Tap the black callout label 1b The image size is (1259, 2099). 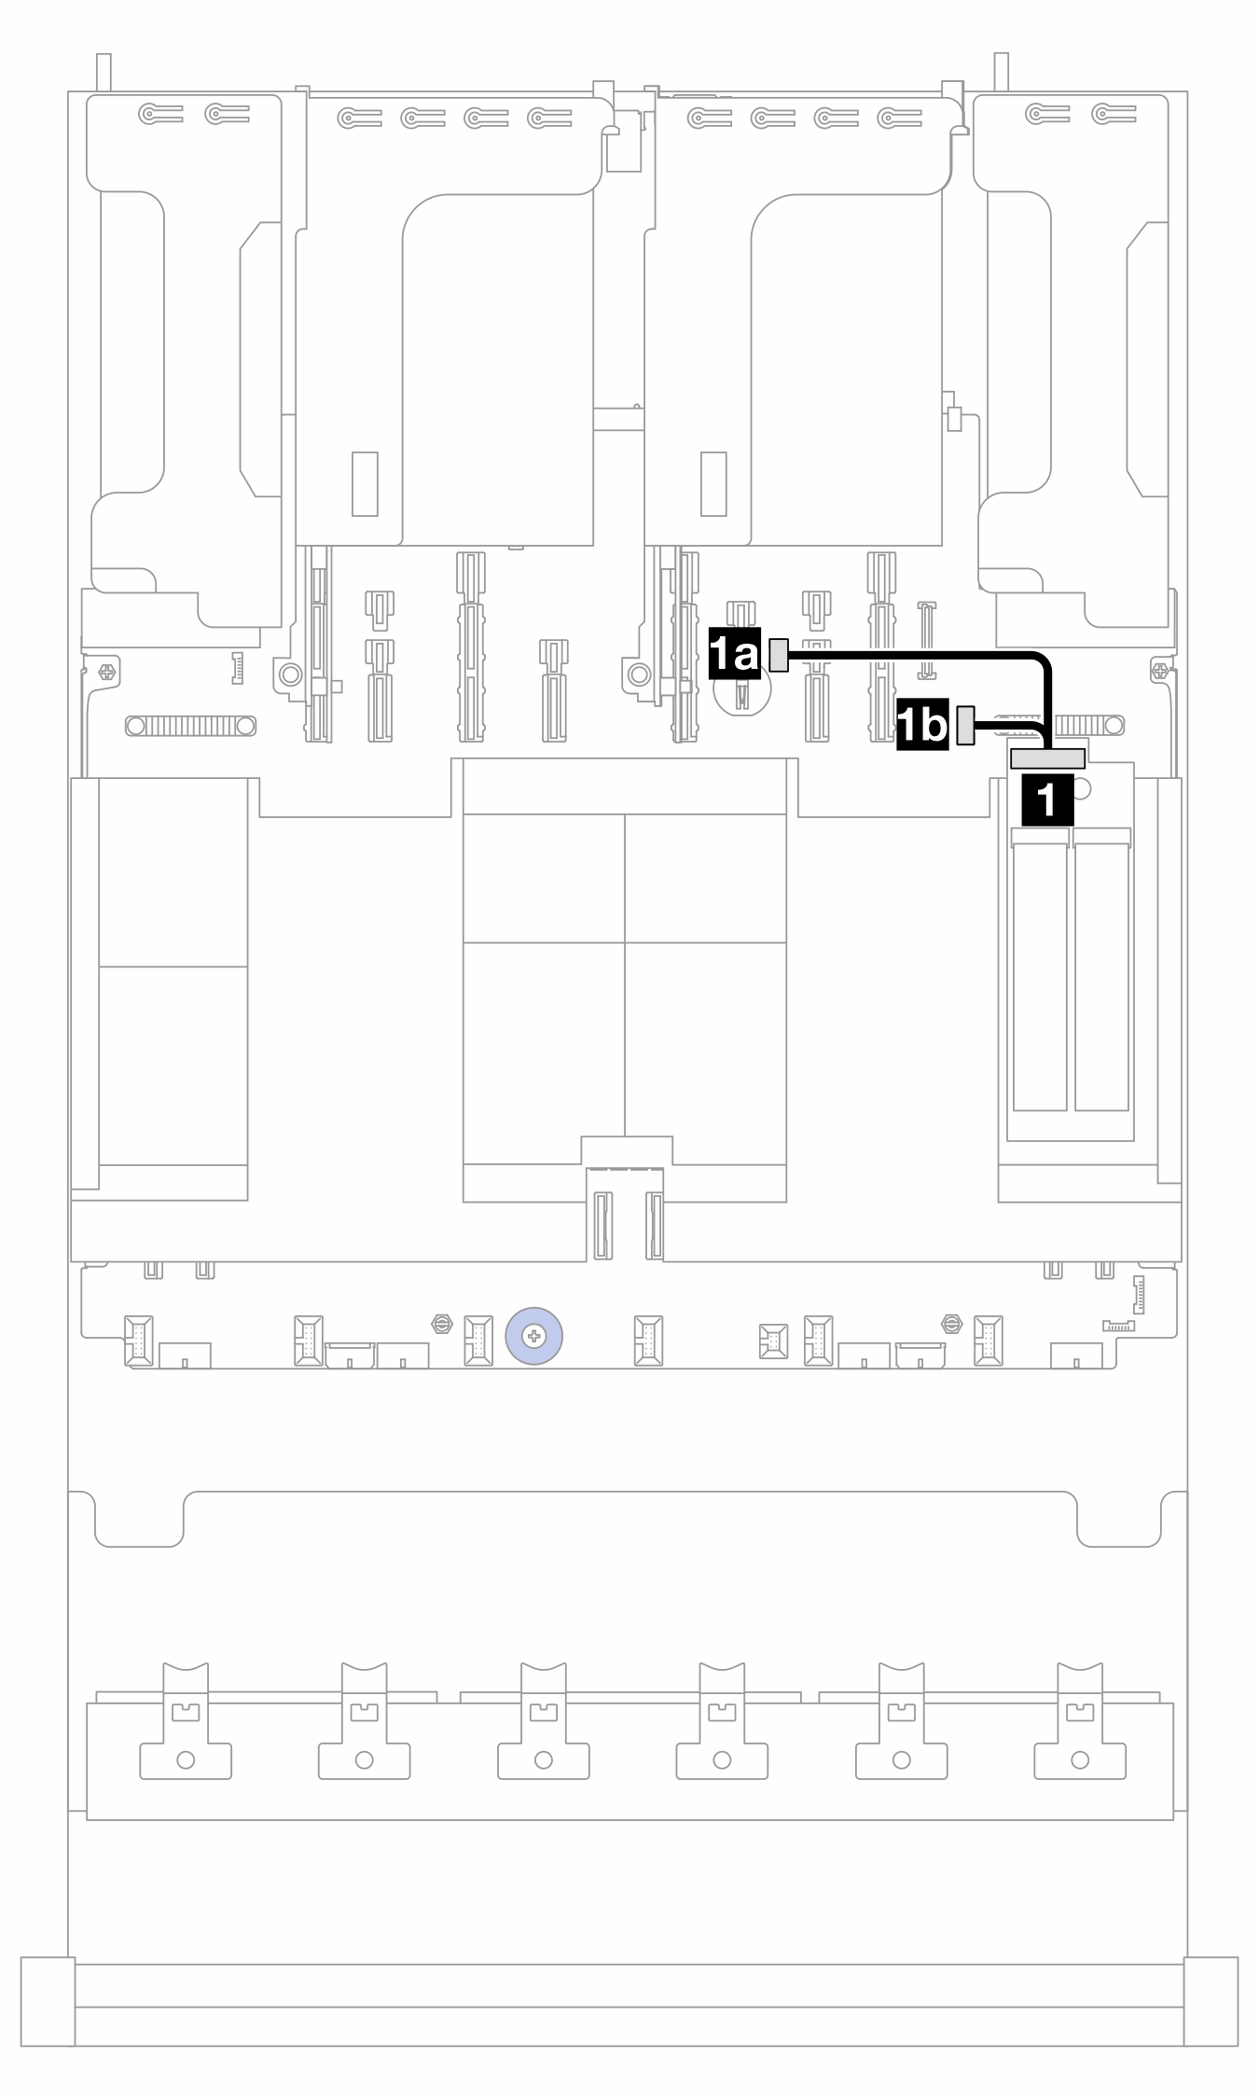tap(922, 726)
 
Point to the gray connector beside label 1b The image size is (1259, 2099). tap(966, 725)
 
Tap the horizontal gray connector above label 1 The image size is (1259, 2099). tap(1047, 758)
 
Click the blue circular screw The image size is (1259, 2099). tap(533, 1337)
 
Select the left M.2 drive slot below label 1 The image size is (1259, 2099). tap(1040, 974)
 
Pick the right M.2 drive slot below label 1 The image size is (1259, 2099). tap(1101, 974)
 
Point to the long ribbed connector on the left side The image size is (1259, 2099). tap(190, 725)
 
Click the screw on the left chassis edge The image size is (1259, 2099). tap(107, 671)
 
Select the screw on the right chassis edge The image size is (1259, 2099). tap(1159, 670)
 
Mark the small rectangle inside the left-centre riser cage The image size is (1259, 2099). tap(365, 484)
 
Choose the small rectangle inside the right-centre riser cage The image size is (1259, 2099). tap(713, 484)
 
